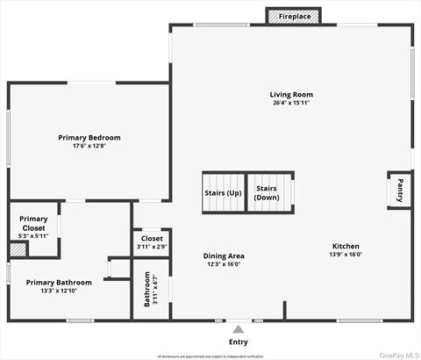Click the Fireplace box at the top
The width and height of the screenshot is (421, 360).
(x=294, y=17)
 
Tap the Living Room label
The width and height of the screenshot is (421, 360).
(x=290, y=95)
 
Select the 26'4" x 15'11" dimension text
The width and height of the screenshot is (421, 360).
(x=290, y=103)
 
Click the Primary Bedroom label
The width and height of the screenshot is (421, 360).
(x=89, y=138)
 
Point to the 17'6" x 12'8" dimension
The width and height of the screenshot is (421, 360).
(x=89, y=146)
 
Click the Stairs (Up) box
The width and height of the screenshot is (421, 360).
(x=223, y=192)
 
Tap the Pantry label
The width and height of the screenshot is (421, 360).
(x=399, y=190)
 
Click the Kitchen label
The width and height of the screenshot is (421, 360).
(x=346, y=246)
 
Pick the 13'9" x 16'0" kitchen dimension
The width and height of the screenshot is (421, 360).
(x=346, y=255)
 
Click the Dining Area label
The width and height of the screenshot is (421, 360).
(x=223, y=256)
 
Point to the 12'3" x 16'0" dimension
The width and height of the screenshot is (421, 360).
(x=223, y=263)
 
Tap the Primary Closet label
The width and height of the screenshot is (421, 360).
(x=33, y=223)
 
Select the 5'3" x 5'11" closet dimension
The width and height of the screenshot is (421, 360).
(x=33, y=236)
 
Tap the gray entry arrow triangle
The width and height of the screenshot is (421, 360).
(x=238, y=328)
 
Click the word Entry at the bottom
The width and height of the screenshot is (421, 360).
(x=238, y=342)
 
